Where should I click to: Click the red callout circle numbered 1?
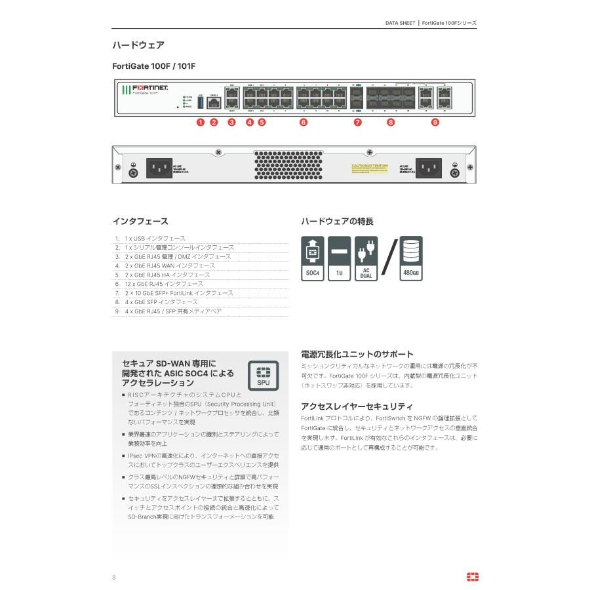[x=201, y=122]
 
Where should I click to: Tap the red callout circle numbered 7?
[x=357, y=122]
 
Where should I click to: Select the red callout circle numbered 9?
[x=435, y=122]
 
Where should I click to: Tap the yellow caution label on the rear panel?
[x=370, y=170]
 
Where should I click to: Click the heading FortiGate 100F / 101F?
[x=154, y=66]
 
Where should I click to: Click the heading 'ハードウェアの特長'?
[x=337, y=222]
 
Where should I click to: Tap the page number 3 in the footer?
[x=113, y=577]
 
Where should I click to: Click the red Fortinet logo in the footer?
[x=472, y=576]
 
